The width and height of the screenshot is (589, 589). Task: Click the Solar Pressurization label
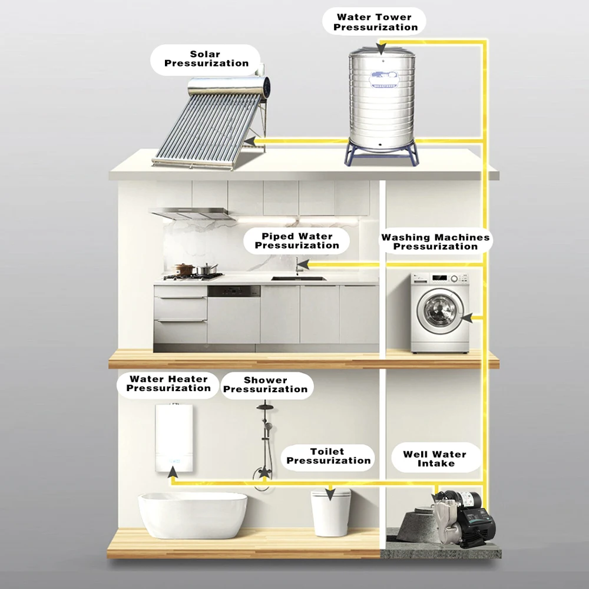[x=206, y=59]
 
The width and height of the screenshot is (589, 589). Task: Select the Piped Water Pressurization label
[x=297, y=241]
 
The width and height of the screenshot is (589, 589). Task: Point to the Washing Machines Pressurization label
[x=435, y=242]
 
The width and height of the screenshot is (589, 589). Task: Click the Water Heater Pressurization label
[x=168, y=383]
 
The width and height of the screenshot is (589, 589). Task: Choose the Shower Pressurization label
[x=265, y=385]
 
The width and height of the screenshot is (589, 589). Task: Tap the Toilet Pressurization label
[x=329, y=456]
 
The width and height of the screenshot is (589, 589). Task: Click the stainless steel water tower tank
[x=380, y=97]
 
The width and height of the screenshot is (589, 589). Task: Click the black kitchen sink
[x=297, y=278]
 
